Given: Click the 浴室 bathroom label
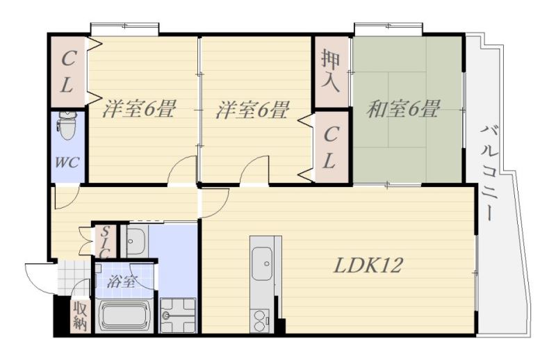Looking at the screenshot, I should (x=122, y=281).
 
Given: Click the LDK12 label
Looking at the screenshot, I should (x=368, y=265).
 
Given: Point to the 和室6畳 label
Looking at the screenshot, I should (x=403, y=109).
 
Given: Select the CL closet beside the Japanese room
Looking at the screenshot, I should (x=332, y=147).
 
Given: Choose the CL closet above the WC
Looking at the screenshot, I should (x=67, y=72).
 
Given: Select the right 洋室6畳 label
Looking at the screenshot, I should (x=252, y=110).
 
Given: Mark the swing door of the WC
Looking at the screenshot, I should (x=66, y=196).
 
